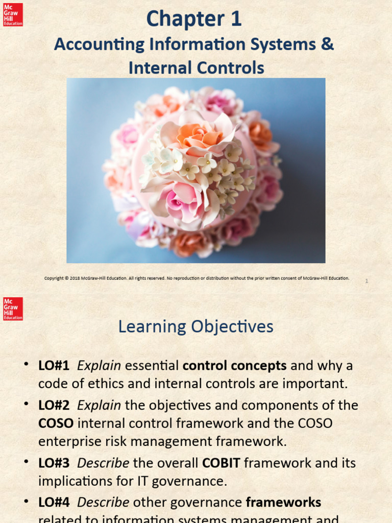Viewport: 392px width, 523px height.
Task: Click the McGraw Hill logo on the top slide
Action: pyautogui.click(x=13, y=14)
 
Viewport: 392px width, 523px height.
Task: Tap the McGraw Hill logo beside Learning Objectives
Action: pyautogui.click(x=13, y=308)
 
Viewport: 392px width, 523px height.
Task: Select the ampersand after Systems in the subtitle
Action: pyautogui.click(x=328, y=44)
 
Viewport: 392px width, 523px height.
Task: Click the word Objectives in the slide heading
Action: pyautogui.click(x=233, y=327)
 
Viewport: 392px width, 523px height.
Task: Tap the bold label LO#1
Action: pyautogui.click(x=54, y=366)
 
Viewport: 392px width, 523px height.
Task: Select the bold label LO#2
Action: pyautogui.click(x=54, y=405)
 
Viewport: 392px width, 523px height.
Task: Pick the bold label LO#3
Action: pyautogui.click(x=54, y=463)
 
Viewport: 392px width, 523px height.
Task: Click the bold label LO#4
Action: pyautogui.click(x=54, y=503)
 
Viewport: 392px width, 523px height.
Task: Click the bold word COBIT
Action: pyautogui.click(x=221, y=463)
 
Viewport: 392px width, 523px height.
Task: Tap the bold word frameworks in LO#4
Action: pyautogui.click(x=283, y=503)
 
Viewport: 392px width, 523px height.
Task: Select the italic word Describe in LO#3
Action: pyautogui.click(x=103, y=463)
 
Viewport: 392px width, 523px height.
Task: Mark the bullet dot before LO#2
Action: pyautogui.click(x=26, y=404)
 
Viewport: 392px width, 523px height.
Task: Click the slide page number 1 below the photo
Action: pyautogui.click(x=366, y=281)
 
